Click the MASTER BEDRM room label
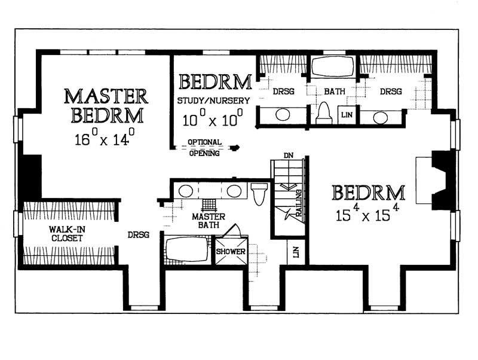tap(106, 105)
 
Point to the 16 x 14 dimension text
tap(106, 141)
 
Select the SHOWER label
tap(231, 252)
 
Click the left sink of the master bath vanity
tap(186, 191)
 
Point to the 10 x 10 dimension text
tap(213, 118)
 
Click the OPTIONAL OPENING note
tap(204, 148)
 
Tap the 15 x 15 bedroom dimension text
tap(366, 214)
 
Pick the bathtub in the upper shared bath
tap(332, 67)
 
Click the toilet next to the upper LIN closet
tap(323, 112)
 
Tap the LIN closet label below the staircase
tap(296, 253)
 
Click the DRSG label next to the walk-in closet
tap(138, 235)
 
